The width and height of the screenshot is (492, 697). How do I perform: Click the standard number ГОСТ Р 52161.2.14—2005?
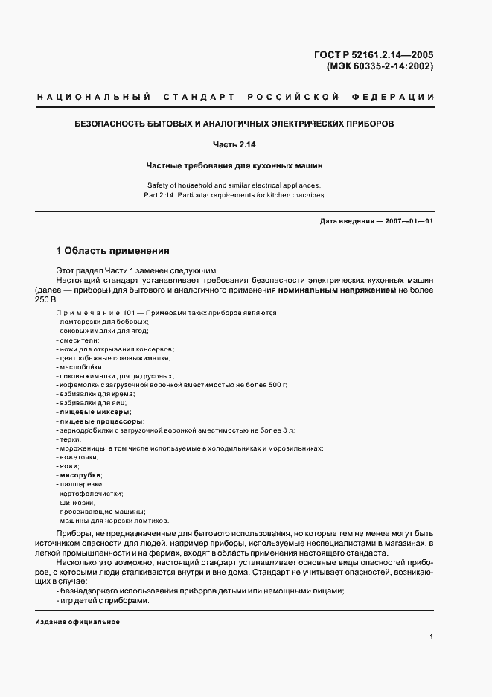374,54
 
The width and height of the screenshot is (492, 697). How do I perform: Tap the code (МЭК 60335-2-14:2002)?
380,66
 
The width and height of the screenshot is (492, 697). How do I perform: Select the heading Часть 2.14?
245,144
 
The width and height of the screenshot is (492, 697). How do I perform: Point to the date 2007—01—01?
407,221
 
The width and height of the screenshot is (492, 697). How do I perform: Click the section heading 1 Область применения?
112,251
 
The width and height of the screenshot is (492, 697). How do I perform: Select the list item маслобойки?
81,367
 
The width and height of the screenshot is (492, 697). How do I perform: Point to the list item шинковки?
78,502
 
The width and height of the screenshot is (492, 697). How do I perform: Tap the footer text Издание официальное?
77,623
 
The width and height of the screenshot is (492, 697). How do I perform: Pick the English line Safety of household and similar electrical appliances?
245,184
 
